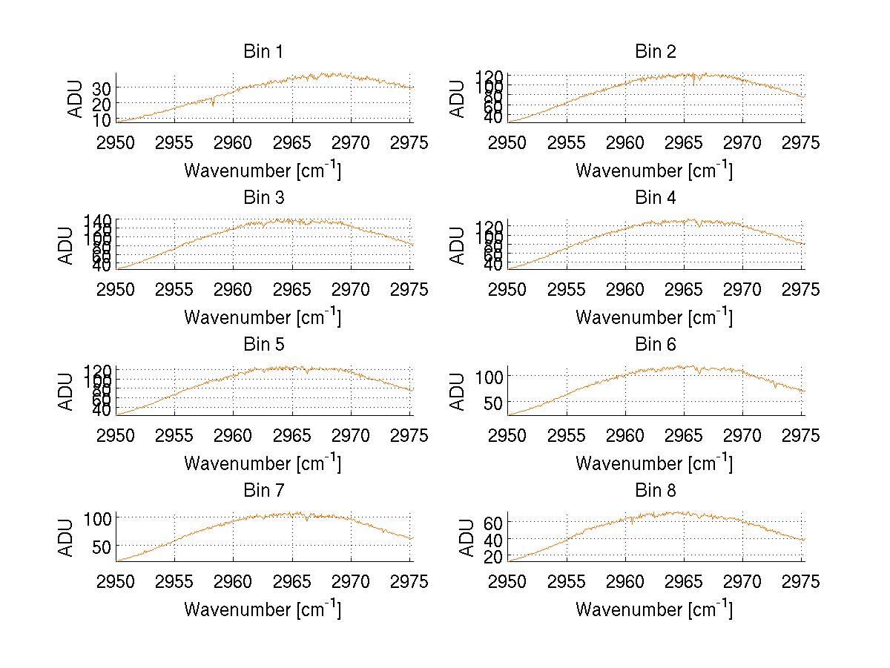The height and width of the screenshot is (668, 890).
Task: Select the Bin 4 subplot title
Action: click(x=655, y=198)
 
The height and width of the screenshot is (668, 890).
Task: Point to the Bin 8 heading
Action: click(x=655, y=491)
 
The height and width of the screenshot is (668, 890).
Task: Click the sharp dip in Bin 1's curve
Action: click(x=213, y=105)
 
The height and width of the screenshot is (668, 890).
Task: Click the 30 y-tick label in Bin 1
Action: click(x=102, y=88)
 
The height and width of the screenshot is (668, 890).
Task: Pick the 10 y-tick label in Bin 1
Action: click(x=102, y=119)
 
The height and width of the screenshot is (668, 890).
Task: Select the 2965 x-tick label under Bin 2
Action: click(x=684, y=142)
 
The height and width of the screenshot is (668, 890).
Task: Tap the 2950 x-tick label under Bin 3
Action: click(x=116, y=289)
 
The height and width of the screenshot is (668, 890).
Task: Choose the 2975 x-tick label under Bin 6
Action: click(x=801, y=436)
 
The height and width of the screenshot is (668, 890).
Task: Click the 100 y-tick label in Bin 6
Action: click(x=489, y=377)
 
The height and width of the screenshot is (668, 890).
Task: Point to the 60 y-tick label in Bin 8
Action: click(x=494, y=523)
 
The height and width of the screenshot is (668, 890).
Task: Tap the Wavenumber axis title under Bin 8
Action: click(x=653, y=609)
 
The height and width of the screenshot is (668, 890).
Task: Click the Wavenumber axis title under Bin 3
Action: click(x=262, y=317)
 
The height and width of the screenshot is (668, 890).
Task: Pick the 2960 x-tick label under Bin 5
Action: click(x=234, y=436)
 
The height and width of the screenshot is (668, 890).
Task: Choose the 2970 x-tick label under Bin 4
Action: click(x=742, y=289)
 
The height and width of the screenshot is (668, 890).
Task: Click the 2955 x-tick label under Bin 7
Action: click(x=175, y=582)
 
